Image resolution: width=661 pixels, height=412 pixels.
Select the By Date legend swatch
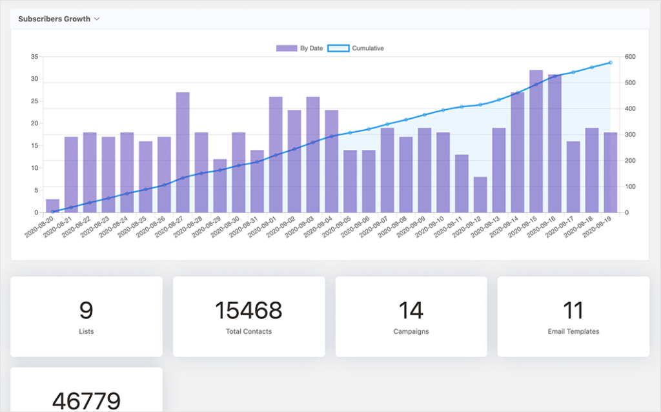(286, 48)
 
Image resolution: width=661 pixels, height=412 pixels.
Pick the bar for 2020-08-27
(183, 153)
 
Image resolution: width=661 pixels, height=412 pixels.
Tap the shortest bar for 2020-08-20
(52, 206)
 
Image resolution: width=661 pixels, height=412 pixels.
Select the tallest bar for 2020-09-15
(536, 141)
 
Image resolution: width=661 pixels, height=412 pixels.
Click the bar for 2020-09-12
(480, 195)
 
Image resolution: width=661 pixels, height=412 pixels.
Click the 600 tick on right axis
(629, 57)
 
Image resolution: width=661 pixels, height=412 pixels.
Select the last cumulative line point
(610, 63)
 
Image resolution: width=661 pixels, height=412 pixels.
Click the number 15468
(249, 311)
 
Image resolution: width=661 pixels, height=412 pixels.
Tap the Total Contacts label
(249, 331)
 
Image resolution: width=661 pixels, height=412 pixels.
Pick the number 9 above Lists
(86, 311)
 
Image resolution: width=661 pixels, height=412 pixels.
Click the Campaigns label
(411, 331)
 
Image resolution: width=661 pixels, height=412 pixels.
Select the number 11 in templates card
(573, 311)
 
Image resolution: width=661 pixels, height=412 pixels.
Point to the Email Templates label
(573, 331)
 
